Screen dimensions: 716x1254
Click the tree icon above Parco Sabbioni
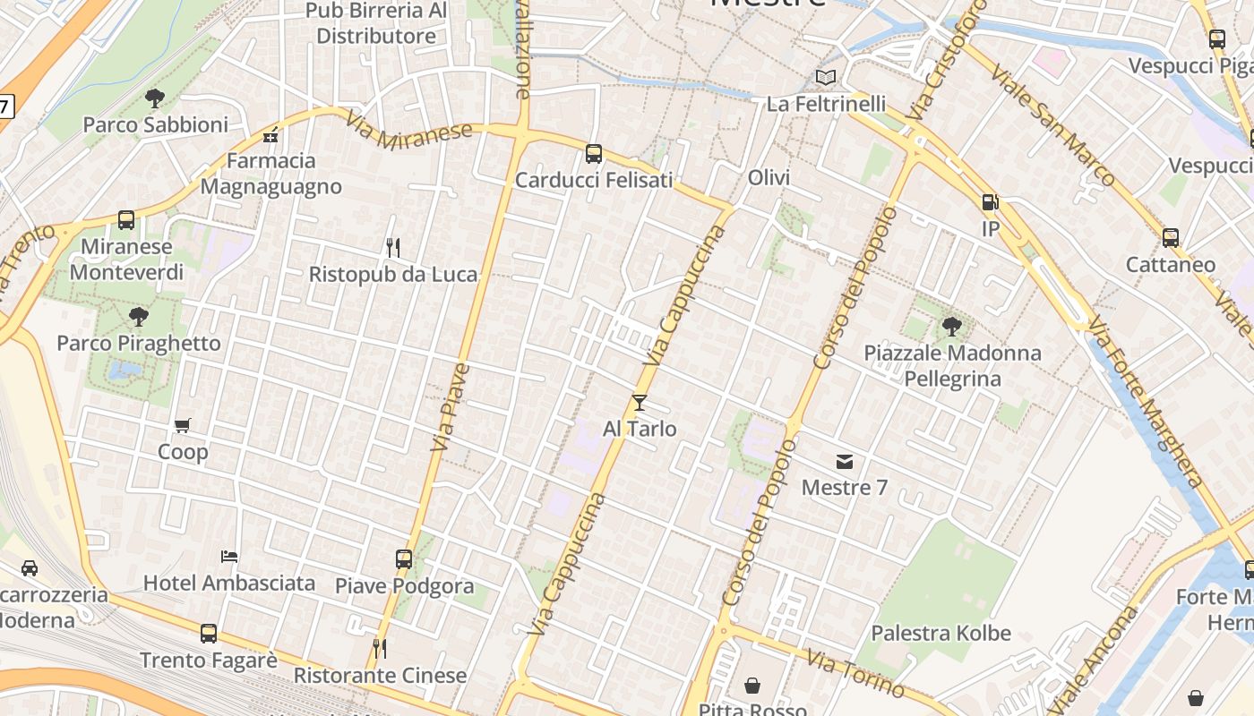click(155, 98)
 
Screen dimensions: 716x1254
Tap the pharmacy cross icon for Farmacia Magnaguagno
click(271, 137)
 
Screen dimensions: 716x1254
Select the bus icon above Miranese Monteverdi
click(126, 220)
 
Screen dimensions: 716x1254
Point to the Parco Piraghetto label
click(139, 343)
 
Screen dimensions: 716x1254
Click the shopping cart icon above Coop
click(183, 425)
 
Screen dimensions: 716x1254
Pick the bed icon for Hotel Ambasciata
click(229, 556)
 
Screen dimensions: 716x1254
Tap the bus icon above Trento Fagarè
click(209, 634)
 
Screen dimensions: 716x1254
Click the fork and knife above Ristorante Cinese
click(380, 648)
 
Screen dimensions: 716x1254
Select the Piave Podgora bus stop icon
click(404, 559)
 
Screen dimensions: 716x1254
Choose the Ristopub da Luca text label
click(393, 274)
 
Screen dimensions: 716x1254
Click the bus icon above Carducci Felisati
click(593, 154)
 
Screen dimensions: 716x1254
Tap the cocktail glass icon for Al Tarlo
click(639, 403)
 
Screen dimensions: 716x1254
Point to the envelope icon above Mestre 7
click(844, 462)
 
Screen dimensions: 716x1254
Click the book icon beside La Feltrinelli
click(826, 78)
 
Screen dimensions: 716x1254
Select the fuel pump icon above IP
click(990, 202)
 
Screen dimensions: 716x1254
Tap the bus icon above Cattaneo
click(1170, 238)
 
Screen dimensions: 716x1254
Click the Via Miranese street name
click(408, 132)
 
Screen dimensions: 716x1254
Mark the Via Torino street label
click(855, 673)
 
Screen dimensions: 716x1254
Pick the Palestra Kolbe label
click(940, 633)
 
